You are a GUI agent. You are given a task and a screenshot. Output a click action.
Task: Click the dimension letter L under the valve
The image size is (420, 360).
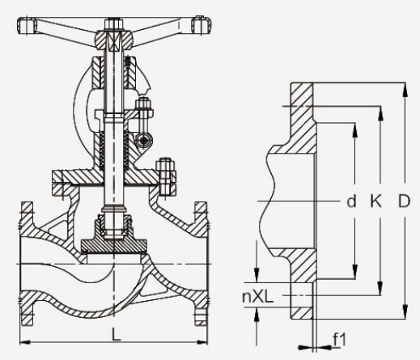[x=116, y=333]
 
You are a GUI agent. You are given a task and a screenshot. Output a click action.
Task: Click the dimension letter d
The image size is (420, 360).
[x=351, y=201]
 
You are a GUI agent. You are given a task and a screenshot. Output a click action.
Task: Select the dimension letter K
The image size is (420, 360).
[x=375, y=201]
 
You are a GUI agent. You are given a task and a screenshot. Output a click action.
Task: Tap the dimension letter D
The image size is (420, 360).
[x=404, y=201]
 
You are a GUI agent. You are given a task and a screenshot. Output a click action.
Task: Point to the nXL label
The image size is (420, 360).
[x=258, y=296]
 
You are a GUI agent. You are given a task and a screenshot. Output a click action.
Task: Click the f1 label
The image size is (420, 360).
[x=339, y=339]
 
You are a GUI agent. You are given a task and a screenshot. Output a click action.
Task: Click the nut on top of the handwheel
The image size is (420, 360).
[x=113, y=23]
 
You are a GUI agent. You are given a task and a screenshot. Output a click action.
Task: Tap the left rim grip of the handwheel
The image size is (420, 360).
[x=27, y=26]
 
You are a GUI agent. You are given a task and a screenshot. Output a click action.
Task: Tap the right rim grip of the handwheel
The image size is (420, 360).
[x=202, y=25]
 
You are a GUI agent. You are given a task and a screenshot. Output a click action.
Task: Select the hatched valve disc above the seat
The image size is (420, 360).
[x=114, y=245]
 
